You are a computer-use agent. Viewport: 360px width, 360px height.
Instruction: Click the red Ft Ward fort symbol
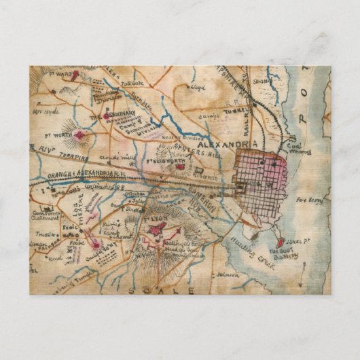click(75, 75)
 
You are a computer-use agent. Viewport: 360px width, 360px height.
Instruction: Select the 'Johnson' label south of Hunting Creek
click(229, 274)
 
